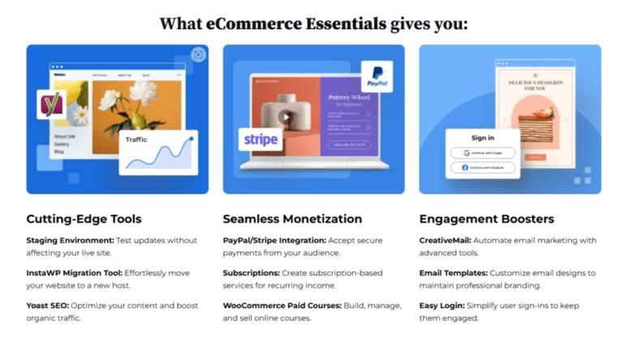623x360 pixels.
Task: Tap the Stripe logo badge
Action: (x=260, y=140)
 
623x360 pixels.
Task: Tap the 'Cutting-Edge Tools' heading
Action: (x=84, y=219)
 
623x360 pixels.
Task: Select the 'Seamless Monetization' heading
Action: (x=292, y=219)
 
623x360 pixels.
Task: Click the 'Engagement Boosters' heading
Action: (x=486, y=219)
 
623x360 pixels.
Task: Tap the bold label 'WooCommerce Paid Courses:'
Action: (x=280, y=305)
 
